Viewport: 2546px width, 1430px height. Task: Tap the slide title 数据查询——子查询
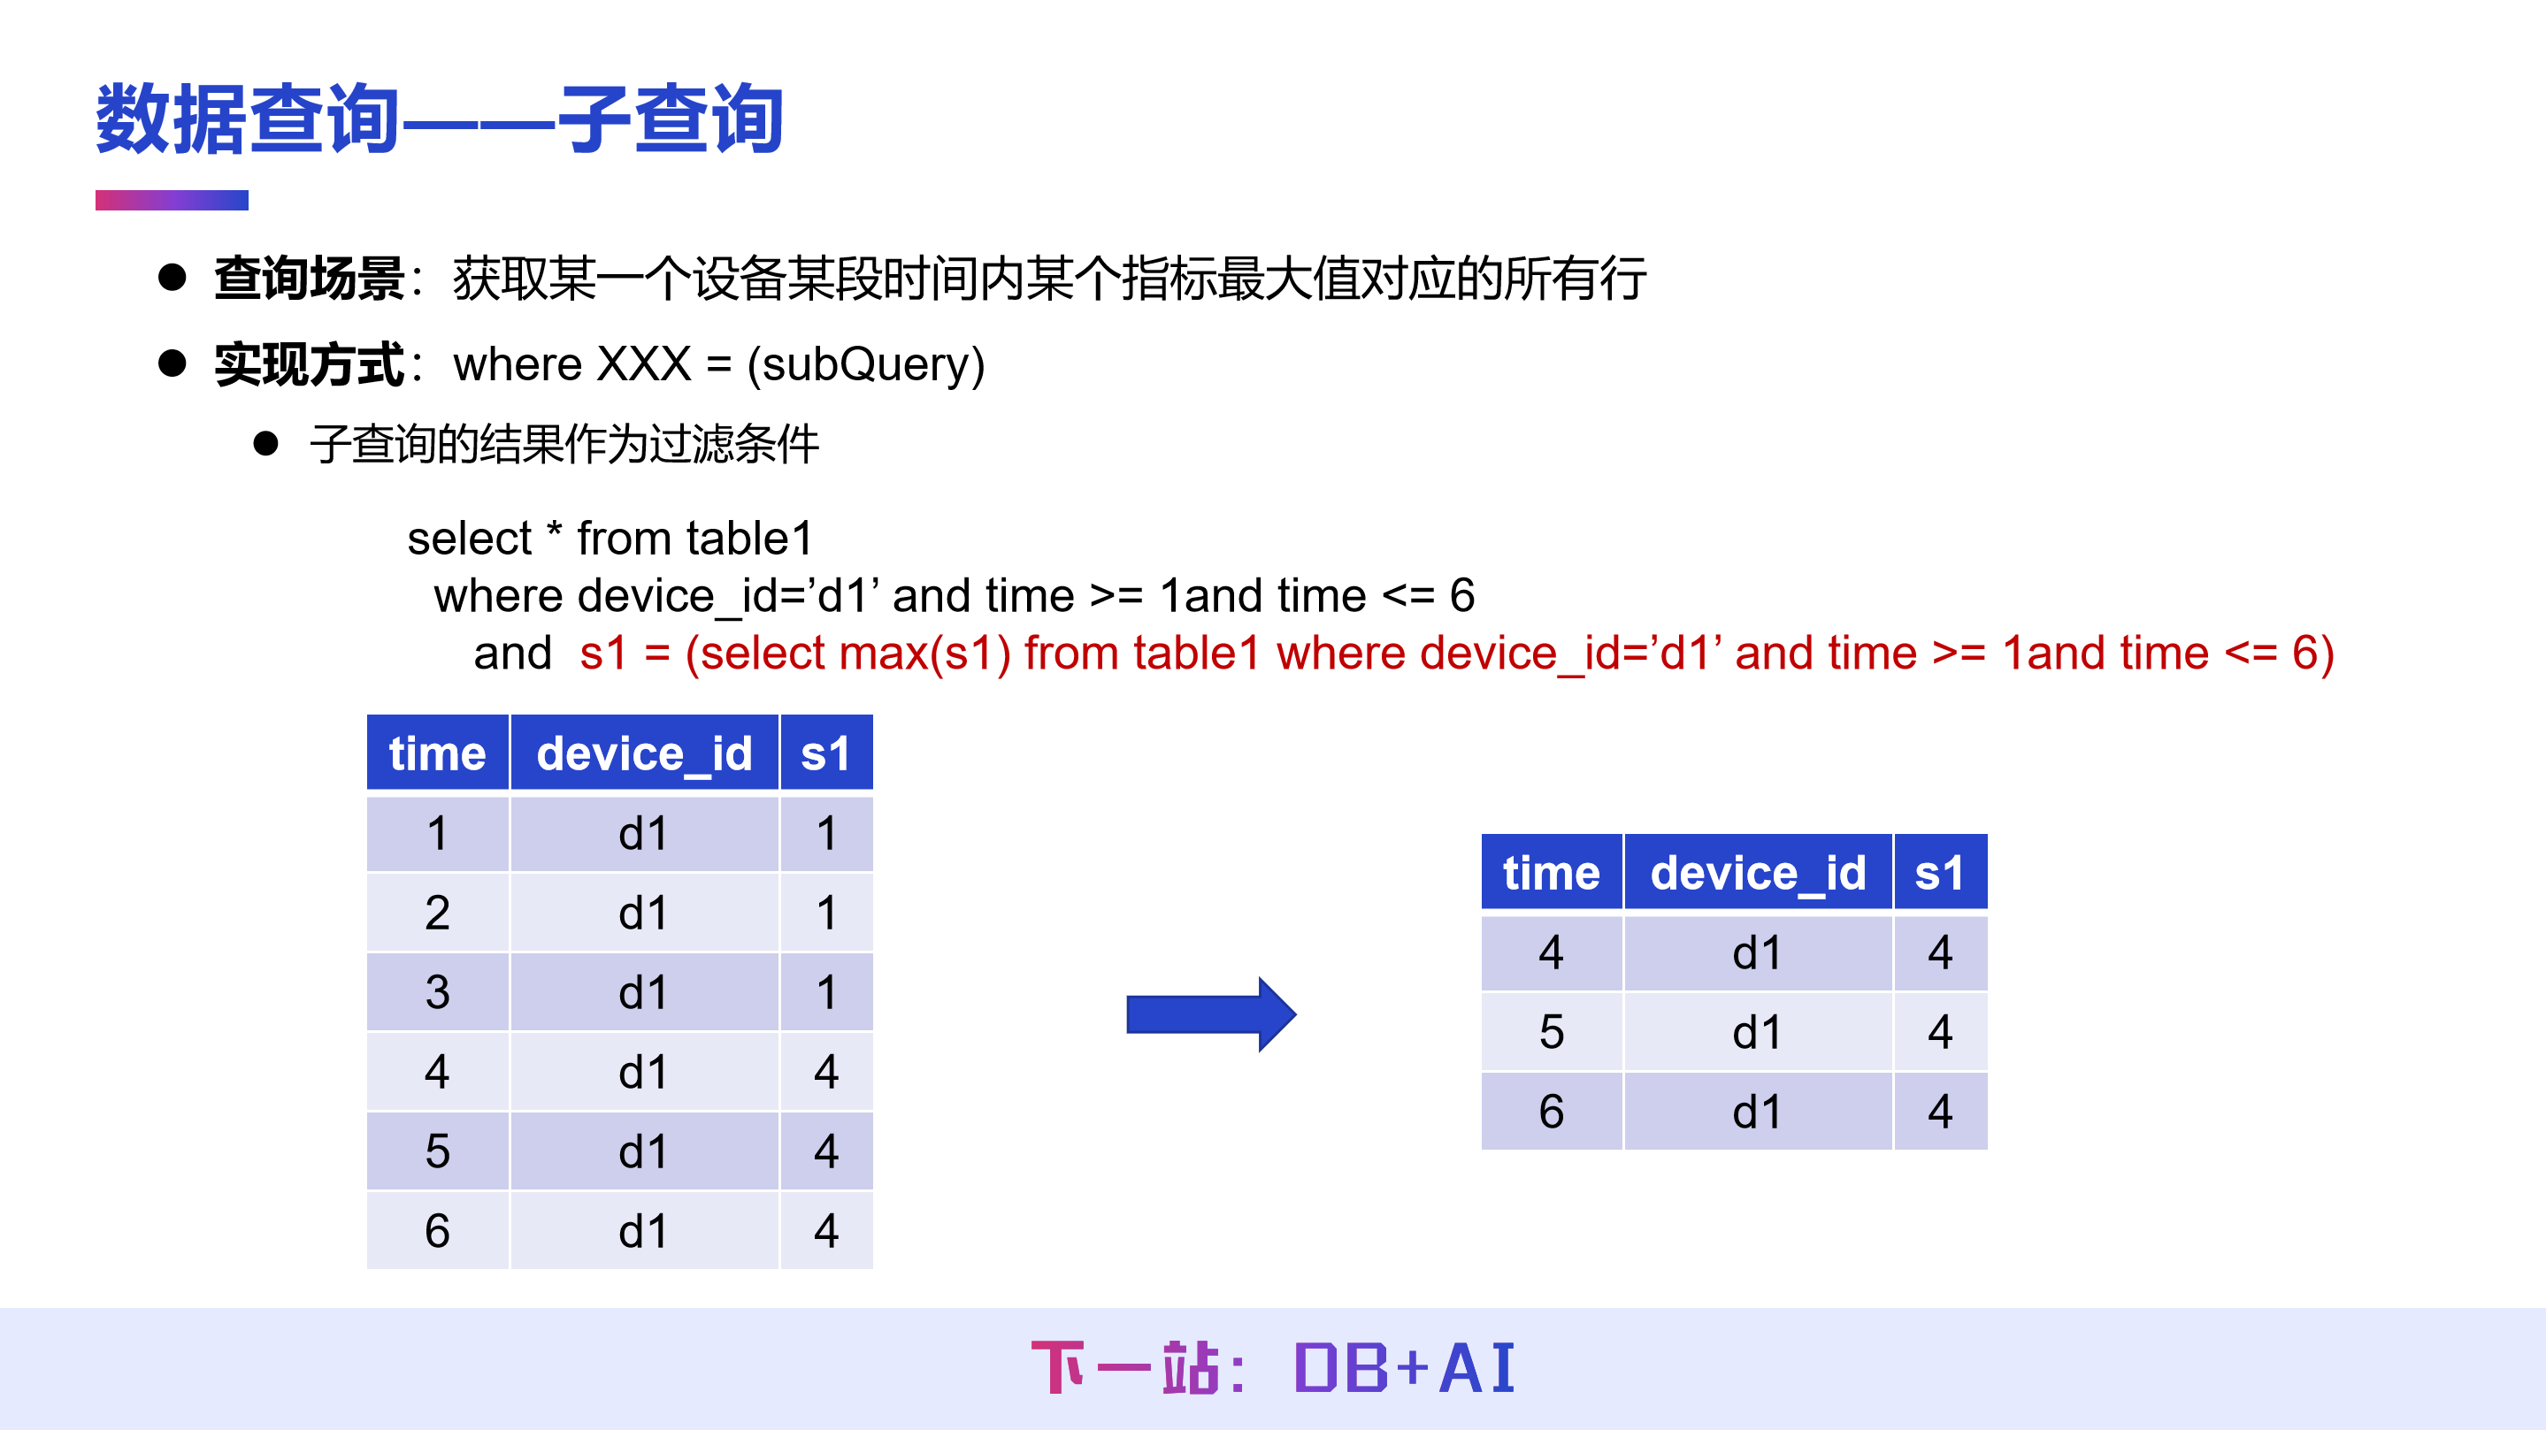point(440,119)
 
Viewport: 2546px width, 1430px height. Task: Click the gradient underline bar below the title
point(171,200)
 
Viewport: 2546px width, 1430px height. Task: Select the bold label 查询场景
point(310,279)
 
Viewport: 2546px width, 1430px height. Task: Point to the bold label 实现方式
point(310,364)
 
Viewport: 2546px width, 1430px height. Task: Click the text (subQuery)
point(866,364)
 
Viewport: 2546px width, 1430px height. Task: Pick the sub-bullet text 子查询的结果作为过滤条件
point(564,444)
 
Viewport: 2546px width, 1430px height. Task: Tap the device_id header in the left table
point(644,754)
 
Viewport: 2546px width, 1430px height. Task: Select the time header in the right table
point(1551,874)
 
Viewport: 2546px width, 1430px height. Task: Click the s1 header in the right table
point(1939,874)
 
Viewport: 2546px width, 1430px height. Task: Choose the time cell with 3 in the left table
point(437,992)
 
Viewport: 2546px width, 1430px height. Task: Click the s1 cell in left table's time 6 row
point(826,1231)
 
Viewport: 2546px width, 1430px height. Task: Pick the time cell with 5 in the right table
point(1551,1033)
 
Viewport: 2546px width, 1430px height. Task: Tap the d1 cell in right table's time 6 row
point(1757,1112)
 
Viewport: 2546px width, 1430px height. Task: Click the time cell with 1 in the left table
point(437,833)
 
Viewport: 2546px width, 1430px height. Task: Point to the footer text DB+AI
point(1403,1370)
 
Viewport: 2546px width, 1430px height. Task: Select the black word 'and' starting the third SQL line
point(512,654)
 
